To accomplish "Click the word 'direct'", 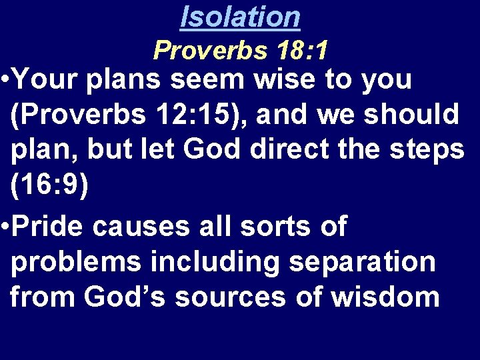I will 299,148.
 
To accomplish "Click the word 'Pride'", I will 48,227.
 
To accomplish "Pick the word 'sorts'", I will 269,227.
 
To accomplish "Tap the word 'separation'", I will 363,263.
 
